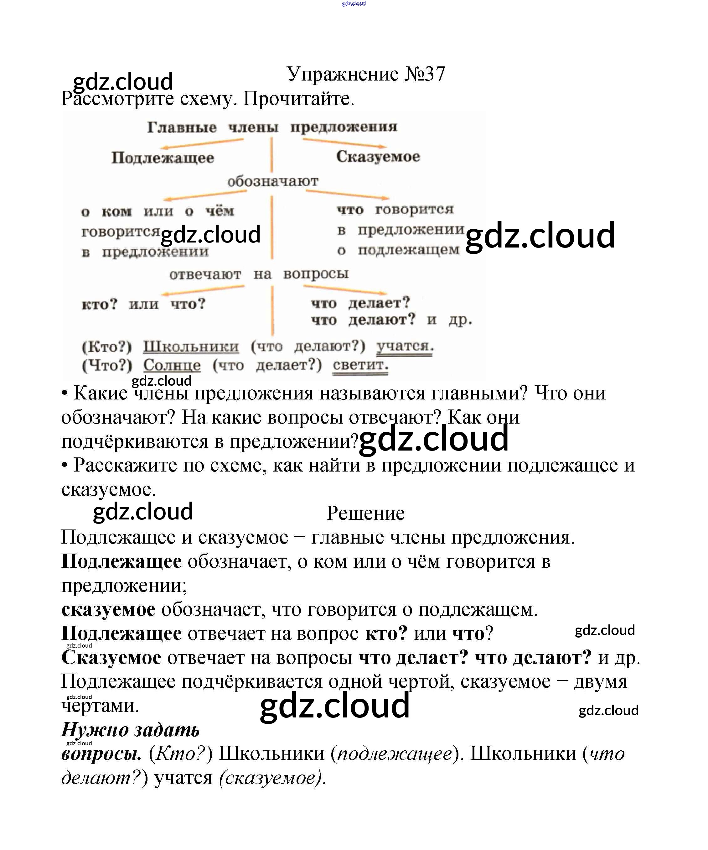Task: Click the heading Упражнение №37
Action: tap(366, 74)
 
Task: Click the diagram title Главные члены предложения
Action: tap(272, 128)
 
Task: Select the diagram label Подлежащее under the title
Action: tap(162, 158)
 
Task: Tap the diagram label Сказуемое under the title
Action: tap(378, 156)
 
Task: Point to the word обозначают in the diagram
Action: tap(272, 182)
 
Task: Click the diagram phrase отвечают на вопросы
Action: tap(259, 274)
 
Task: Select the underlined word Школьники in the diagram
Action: tap(191, 347)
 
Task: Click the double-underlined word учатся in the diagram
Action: tap(405, 347)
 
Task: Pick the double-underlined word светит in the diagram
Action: tap(360, 365)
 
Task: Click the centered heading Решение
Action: tap(365, 513)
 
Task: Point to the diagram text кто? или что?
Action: tap(144, 304)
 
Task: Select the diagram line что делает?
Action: tap(360, 303)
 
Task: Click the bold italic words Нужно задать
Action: tap(130, 730)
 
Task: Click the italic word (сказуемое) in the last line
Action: tap(272, 778)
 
